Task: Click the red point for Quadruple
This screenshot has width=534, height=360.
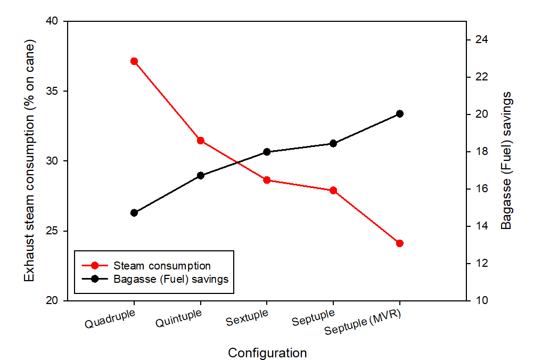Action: pos(134,61)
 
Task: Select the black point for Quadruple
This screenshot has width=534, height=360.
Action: pos(134,212)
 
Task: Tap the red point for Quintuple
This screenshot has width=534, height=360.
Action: pos(201,141)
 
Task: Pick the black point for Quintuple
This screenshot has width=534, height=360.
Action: pos(201,175)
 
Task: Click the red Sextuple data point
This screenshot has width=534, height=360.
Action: pos(267,180)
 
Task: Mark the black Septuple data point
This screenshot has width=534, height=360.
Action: pos(333,143)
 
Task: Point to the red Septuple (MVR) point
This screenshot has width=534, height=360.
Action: pos(400,243)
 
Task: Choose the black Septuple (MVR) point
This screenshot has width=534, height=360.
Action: pos(400,113)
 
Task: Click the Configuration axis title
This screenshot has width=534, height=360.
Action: pos(267,353)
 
